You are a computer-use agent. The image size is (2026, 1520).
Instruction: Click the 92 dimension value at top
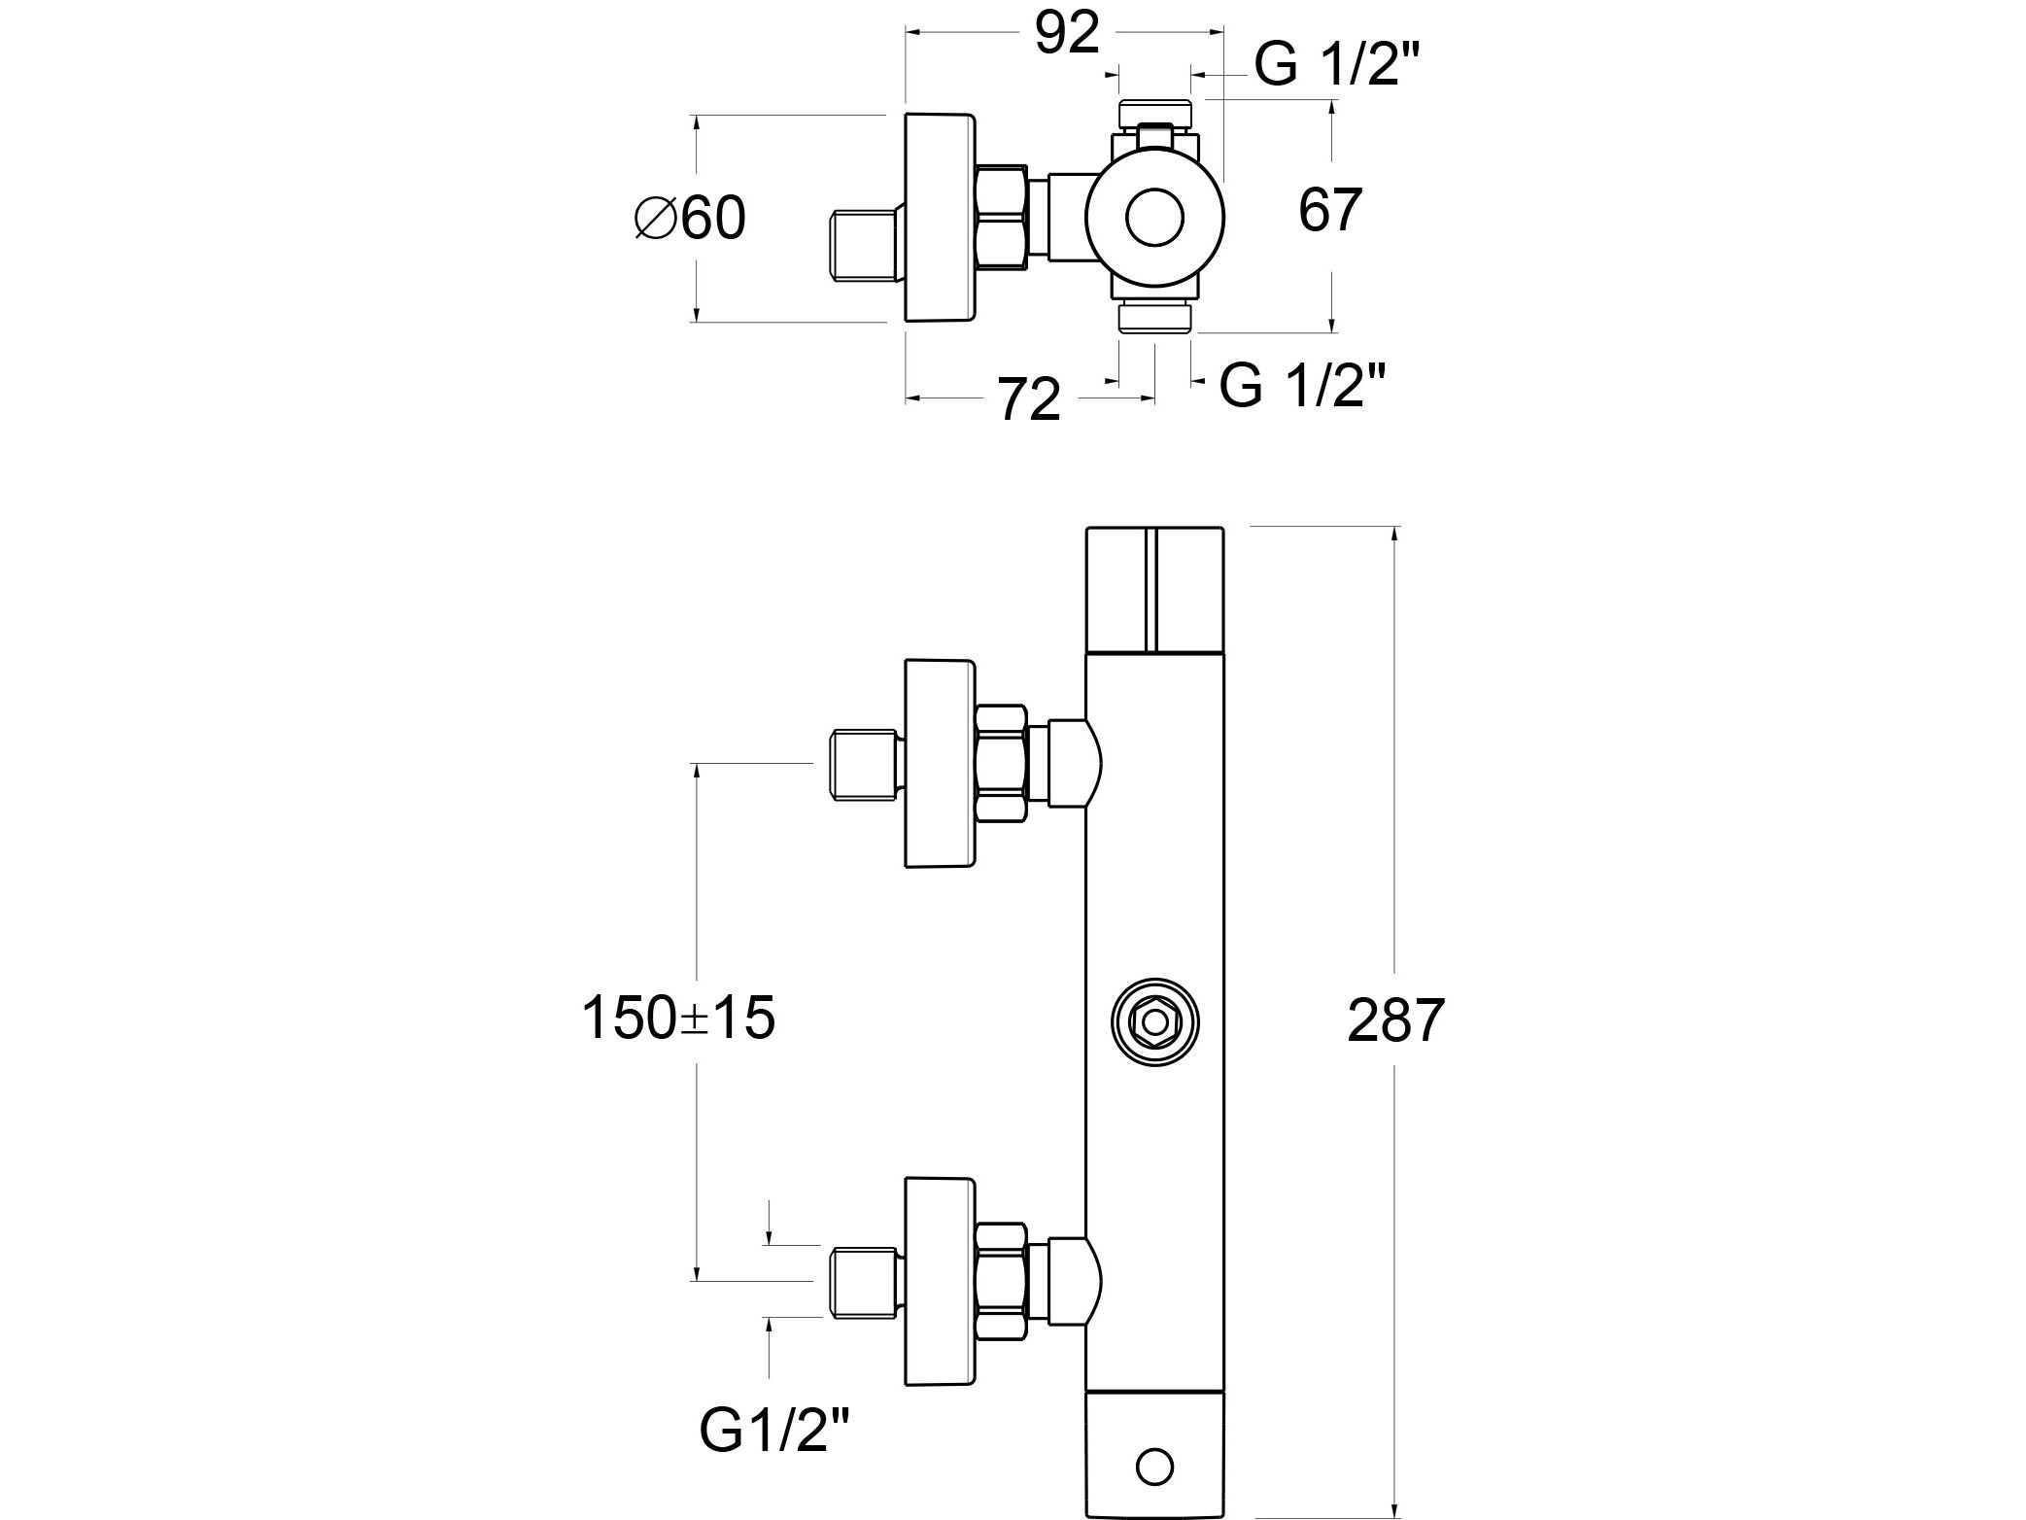[x=1066, y=35]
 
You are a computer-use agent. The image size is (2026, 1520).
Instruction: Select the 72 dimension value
[x=1028, y=399]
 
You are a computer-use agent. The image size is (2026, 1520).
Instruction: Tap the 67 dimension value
[x=1330, y=209]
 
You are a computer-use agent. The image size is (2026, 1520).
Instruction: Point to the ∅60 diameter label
[x=690, y=218]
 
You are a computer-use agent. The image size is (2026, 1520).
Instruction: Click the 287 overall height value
[x=1395, y=1020]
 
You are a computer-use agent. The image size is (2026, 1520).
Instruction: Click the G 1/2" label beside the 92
[x=1337, y=65]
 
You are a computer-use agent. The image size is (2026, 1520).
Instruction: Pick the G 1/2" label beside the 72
[x=1302, y=385]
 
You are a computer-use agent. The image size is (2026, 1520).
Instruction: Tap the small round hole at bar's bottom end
[x=1154, y=1466]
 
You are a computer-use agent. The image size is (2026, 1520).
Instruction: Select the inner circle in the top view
[x=1154, y=217]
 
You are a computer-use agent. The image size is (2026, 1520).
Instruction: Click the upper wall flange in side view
[x=939, y=763]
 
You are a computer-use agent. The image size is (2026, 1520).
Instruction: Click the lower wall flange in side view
[x=939, y=1281]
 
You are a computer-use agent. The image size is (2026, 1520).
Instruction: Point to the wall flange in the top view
[x=939, y=217]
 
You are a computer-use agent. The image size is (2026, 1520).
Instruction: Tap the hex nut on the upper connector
[x=1001, y=764]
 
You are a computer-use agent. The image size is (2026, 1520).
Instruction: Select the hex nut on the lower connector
[x=1001, y=1281]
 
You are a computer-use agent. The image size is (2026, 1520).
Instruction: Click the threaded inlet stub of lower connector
[x=863, y=1282]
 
